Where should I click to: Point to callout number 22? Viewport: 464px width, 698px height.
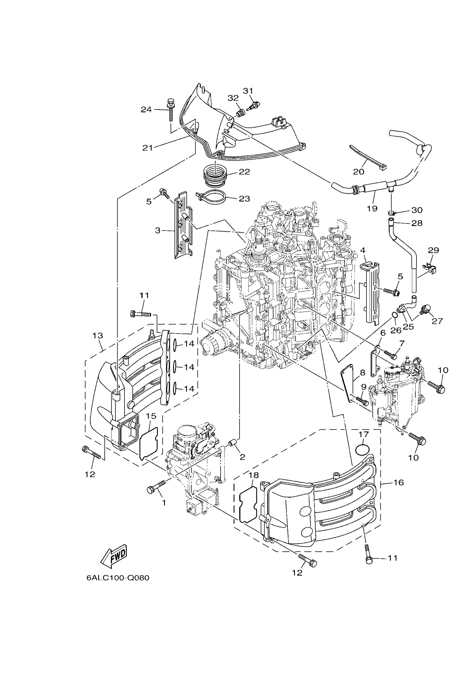pos(245,172)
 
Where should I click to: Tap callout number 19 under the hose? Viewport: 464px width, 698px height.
pos(372,208)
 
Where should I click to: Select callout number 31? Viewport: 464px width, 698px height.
pos(248,91)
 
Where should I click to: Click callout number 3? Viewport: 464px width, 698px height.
pos(158,230)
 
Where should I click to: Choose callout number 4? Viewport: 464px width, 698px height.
pos(363,250)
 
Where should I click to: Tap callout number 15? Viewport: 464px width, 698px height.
pos(151,416)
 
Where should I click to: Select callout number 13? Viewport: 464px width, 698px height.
pos(98,336)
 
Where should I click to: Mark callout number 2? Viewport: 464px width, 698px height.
pos(242,457)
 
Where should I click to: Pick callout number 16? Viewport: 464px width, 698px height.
pos(399,482)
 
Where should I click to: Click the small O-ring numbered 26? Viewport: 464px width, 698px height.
pos(394,316)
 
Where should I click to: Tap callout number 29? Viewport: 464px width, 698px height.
pos(434,250)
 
